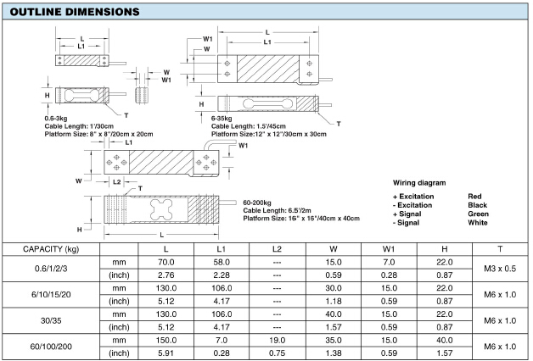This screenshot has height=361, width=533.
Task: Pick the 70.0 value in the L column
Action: coord(166,263)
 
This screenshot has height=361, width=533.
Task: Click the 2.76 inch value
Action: coord(166,276)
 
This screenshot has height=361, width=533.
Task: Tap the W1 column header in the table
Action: coord(388,249)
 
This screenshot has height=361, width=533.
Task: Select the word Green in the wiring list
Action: coord(479,214)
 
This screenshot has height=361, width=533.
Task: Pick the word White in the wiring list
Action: coord(479,222)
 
